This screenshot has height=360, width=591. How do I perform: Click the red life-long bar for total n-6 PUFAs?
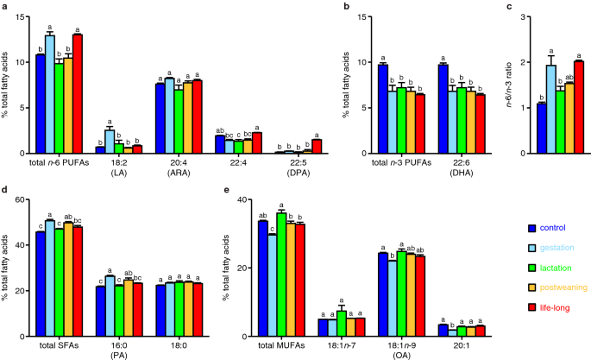coord(78,94)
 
